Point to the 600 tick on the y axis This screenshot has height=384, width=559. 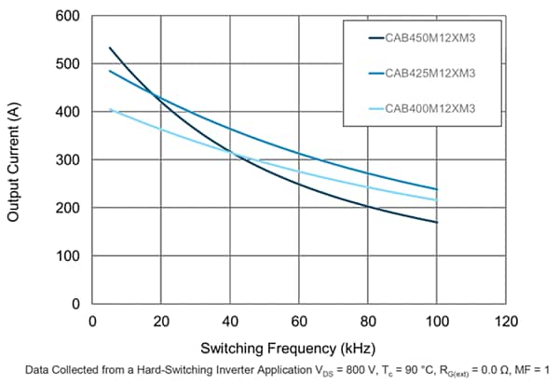tap(65, 16)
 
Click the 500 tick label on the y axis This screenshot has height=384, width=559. tap(65, 64)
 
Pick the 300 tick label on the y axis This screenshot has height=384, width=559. tap(65, 160)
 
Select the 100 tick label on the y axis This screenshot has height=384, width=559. tap(65, 256)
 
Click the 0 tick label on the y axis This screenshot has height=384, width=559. tap(75, 304)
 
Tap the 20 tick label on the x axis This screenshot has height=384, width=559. tap(161, 322)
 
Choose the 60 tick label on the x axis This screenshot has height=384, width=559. tap(299, 322)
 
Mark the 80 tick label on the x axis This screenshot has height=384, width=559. tap(368, 322)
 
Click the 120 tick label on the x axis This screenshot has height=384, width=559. tap(506, 322)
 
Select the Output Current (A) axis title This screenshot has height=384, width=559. tap(15, 160)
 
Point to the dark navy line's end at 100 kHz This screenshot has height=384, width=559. tap(437, 222)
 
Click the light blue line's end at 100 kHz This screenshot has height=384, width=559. tap(437, 199)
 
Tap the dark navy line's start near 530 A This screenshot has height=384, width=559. tap(109, 48)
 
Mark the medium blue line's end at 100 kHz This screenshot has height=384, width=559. tap(437, 189)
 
